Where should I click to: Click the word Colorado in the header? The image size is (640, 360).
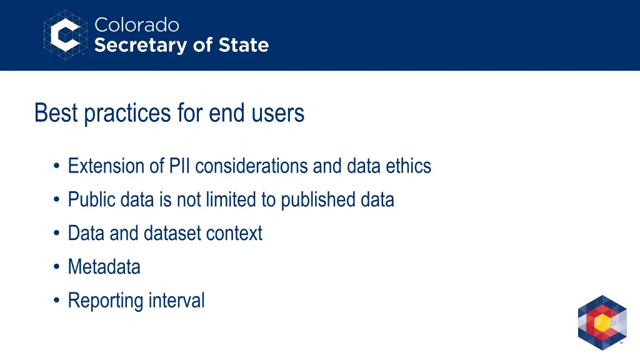click(x=136, y=25)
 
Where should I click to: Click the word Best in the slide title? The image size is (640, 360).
click(x=57, y=113)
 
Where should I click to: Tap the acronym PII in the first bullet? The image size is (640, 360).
click(x=181, y=166)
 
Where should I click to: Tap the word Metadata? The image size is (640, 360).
click(x=104, y=267)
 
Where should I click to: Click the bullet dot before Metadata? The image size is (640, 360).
click(x=57, y=267)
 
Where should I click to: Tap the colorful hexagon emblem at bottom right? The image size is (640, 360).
click(x=602, y=322)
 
